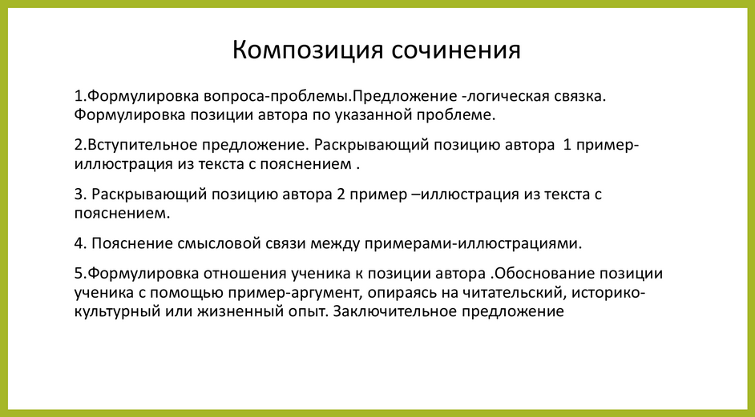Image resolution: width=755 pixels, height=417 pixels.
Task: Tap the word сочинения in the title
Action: click(x=456, y=50)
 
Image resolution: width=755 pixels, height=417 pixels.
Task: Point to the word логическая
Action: click(x=507, y=96)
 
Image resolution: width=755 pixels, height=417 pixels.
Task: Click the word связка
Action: click(x=579, y=96)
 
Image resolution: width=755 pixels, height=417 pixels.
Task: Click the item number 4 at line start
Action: click(x=79, y=242)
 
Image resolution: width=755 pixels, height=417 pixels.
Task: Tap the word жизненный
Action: click(x=241, y=311)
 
